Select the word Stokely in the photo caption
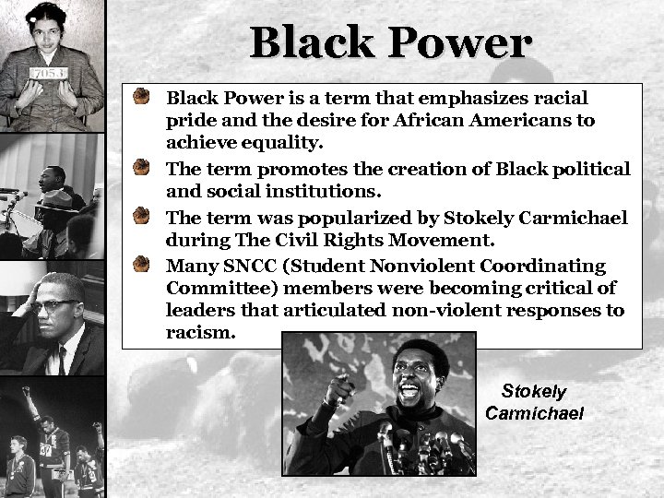click(x=534, y=391)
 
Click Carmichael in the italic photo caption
click(x=534, y=412)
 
